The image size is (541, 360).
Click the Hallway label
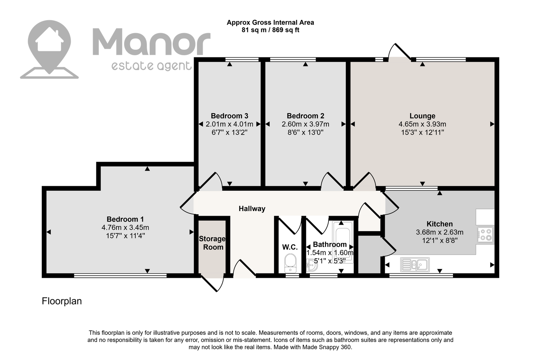pyautogui.click(x=252, y=208)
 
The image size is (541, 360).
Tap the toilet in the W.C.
pyautogui.click(x=290, y=263)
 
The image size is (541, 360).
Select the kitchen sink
pyautogui.click(x=415, y=264)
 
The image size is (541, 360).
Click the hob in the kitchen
pyautogui.click(x=485, y=234)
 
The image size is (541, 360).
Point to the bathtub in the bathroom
pyautogui.click(x=343, y=242)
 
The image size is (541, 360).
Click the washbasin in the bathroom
pyautogui.click(x=312, y=265)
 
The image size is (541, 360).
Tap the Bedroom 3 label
pyautogui.click(x=229, y=116)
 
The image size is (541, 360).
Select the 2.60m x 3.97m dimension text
pyautogui.click(x=305, y=124)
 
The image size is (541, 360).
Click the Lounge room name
pyautogui.click(x=422, y=116)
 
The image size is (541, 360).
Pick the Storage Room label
pyautogui.click(x=212, y=243)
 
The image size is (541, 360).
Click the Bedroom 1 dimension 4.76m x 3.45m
pyautogui.click(x=125, y=228)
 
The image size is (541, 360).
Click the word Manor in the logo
pyautogui.click(x=151, y=41)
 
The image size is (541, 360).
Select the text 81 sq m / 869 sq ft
pyautogui.click(x=270, y=30)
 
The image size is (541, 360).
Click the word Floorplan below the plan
pyautogui.click(x=62, y=301)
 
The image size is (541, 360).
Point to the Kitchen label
pyautogui.click(x=440, y=224)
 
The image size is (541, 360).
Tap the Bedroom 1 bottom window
pyautogui.click(x=120, y=275)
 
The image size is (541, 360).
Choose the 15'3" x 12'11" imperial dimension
pyautogui.click(x=422, y=133)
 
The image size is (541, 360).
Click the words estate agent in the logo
pyautogui.click(x=151, y=66)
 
